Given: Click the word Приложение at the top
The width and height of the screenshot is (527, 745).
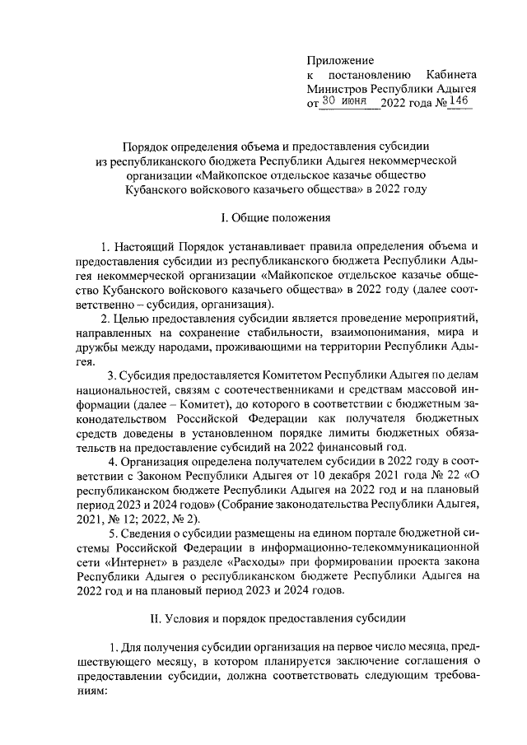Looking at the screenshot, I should coord(340,60).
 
